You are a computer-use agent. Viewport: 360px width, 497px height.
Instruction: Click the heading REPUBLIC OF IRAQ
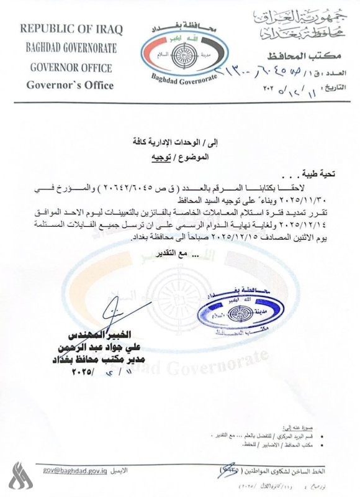(71, 29)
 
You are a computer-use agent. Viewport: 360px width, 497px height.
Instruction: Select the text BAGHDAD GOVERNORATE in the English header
(71, 48)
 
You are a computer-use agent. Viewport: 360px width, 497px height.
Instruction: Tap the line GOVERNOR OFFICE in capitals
(71, 67)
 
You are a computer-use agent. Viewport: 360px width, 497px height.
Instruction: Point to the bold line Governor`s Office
(71, 85)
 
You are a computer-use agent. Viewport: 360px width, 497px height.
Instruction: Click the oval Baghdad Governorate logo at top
(179, 53)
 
